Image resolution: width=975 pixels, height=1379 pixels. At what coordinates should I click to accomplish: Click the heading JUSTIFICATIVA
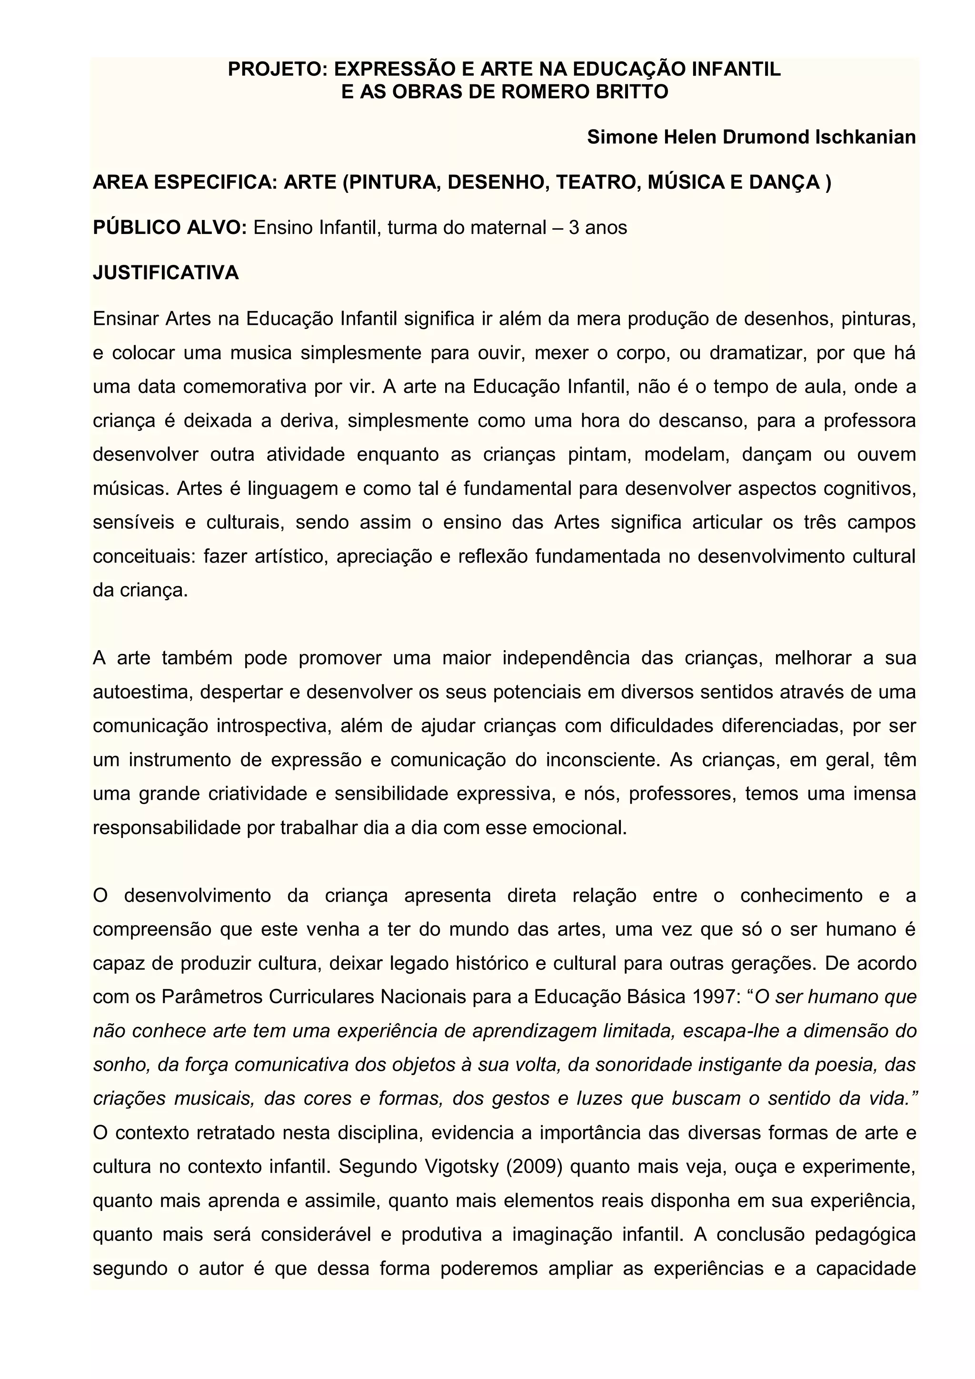[166, 273]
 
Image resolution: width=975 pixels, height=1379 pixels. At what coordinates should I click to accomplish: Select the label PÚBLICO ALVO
[170, 228]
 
